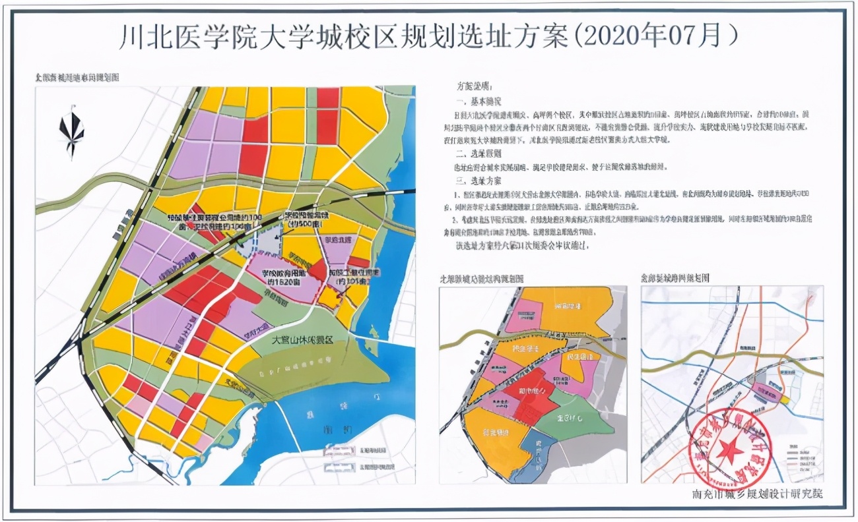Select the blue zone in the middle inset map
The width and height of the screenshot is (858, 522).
[535, 454]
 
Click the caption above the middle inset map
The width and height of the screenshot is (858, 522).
[482, 278]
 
